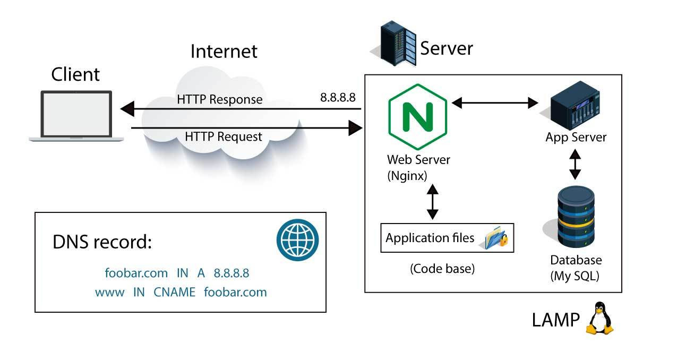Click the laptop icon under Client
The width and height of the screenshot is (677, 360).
[76, 116]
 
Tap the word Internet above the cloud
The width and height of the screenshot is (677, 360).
[224, 51]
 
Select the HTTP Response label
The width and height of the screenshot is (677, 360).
[220, 99]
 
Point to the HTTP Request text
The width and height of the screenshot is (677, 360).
[224, 136]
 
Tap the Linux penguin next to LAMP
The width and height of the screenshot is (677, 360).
[599, 318]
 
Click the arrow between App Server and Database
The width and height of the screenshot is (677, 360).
[575, 164]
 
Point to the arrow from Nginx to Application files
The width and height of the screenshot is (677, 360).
[433, 202]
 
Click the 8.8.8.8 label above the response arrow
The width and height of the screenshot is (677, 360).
[338, 98]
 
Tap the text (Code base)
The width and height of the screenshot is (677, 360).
[442, 269]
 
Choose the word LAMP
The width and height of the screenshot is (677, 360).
[556, 320]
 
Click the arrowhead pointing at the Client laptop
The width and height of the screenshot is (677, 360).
[127, 109]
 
